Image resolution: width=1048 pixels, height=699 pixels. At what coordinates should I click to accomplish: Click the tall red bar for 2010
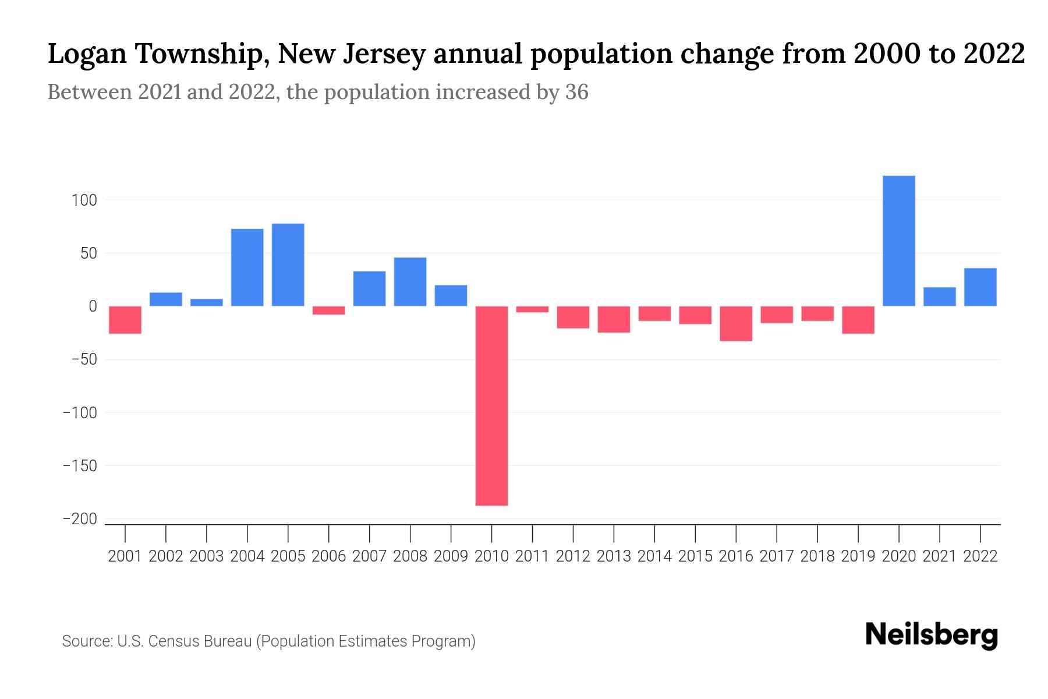(x=491, y=405)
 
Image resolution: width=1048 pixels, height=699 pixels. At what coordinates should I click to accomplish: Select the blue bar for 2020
(x=898, y=241)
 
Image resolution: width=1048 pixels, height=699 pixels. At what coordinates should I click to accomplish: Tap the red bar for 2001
(x=125, y=320)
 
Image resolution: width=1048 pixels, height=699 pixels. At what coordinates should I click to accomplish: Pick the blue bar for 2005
(x=288, y=264)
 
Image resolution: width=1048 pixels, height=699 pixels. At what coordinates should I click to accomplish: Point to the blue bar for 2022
(x=980, y=287)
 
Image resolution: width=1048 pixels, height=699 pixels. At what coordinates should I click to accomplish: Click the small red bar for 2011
(x=532, y=309)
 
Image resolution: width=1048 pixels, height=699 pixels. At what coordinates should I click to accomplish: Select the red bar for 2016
(x=736, y=323)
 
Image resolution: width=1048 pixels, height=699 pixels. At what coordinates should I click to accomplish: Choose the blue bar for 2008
(x=410, y=282)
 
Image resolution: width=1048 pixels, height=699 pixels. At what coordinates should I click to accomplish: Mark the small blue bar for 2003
(x=207, y=302)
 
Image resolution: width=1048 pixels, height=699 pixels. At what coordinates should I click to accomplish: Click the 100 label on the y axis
(x=84, y=200)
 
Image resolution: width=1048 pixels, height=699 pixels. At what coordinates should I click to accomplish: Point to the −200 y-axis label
(x=80, y=519)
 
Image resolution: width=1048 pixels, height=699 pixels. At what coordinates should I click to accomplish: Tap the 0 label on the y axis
(x=92, y=306)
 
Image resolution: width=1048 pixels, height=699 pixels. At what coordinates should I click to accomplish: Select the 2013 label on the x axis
(x=614, y=556)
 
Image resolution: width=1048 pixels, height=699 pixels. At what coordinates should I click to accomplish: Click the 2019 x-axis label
(x=858, y=556)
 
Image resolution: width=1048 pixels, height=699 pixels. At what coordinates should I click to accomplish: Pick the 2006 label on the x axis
(x=328, y=556)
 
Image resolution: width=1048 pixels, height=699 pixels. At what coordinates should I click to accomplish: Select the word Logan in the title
(x=87, y=54)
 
